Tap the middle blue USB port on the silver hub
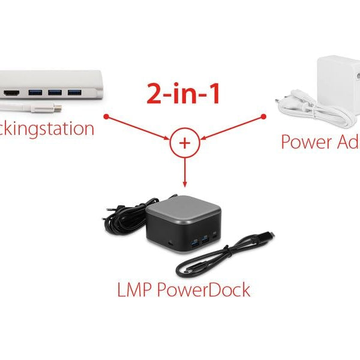[55, 93]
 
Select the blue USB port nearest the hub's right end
[74, 92]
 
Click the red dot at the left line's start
[106, 116]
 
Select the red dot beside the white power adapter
[263, 116]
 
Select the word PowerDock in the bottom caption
[204, 290]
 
